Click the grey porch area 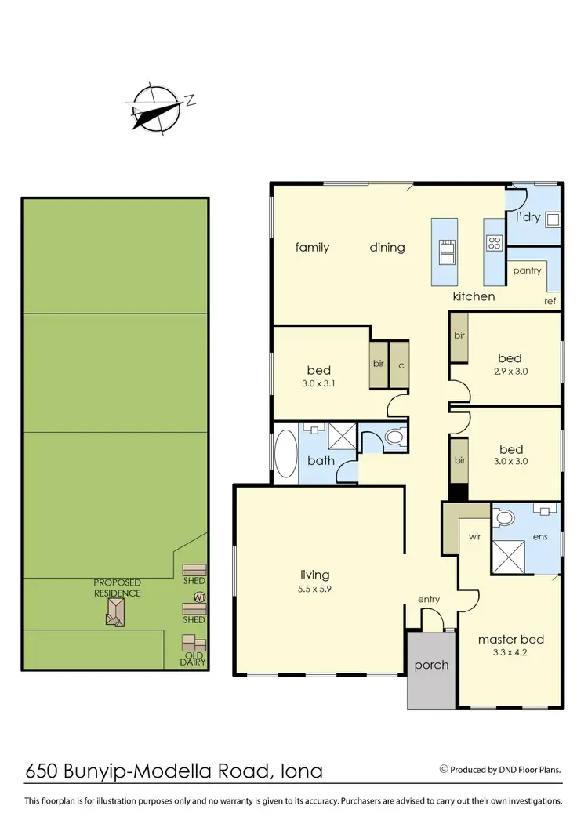431,668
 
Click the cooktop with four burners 494,243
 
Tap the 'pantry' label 527,270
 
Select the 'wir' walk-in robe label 474,538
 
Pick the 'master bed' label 510,639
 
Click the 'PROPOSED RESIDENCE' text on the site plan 117,588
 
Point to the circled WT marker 199,597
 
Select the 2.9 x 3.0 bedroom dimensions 510,372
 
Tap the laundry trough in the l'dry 552,219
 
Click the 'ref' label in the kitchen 550,301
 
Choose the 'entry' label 429,600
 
